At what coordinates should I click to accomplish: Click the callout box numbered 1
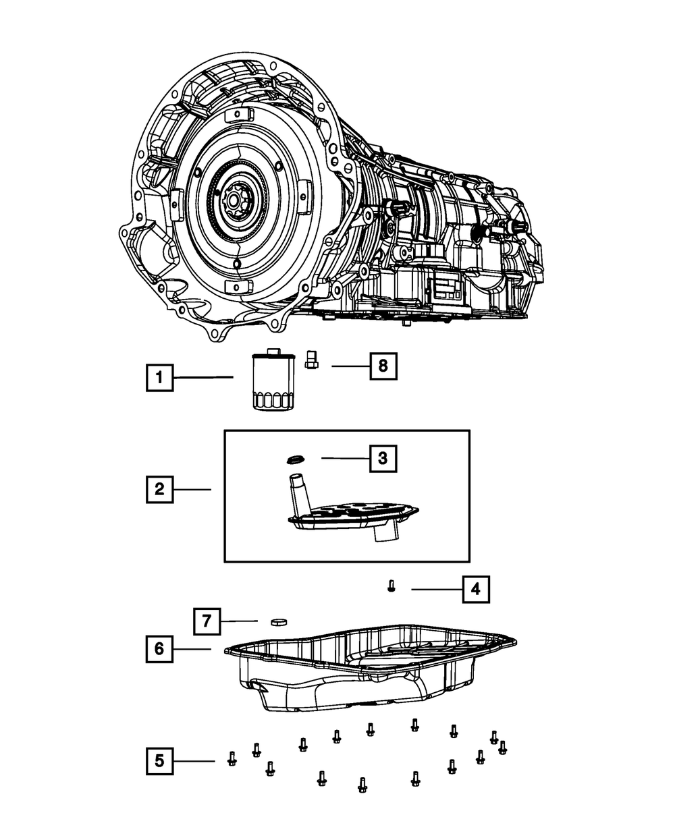pyautogui.click(x=159, y=378)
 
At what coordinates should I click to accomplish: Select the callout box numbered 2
pyautogui.click(x=159, y=489)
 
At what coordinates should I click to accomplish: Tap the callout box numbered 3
pyautogui.click(x=382, y=459)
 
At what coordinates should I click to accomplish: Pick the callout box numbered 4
pyautogui.click(x=475, y=590)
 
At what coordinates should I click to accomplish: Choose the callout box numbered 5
pyautogui.click(x=159, y=761)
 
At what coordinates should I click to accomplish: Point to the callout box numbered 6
pyautogui.click(x=159, y=649)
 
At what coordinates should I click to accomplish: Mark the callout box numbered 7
pyautogui.click(x=207, y=621)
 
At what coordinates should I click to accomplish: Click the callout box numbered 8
pyautogui.click(x=383, y=366)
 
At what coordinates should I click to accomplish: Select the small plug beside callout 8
pyautogui.click(x=311, y=360)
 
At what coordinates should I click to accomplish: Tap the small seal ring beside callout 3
pyautogui.click(x=294, y=460)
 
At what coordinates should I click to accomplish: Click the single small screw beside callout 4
pyautogui.click(x=391, y=586)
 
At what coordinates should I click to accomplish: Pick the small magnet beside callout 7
pyautogui.click(x=278, y=621)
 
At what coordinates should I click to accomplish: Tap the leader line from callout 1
pyautogui.click(x=203, y=378)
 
